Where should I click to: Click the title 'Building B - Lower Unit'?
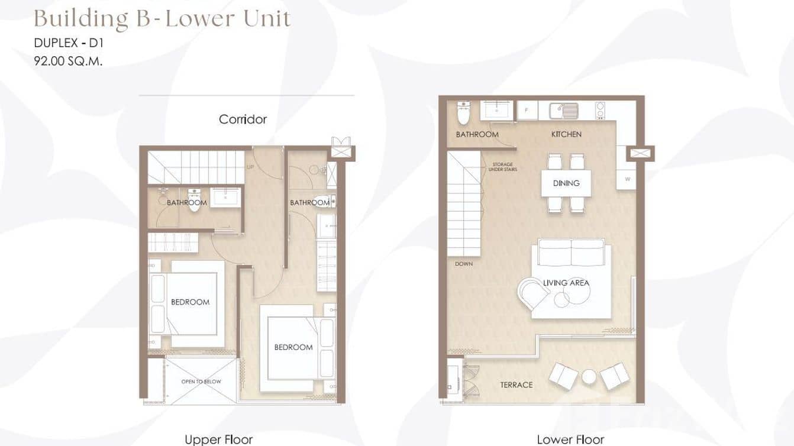162,19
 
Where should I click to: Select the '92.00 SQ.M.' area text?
68,60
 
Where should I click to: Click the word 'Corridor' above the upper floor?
243,119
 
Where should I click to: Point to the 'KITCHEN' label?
566,134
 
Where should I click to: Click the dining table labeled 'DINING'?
566,183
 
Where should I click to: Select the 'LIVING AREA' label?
566,283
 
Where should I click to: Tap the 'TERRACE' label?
516,385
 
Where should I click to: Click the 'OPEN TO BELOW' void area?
201,382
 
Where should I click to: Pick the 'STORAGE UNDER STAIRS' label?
502,167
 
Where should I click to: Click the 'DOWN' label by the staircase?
464,264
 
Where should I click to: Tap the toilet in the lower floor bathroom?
463,112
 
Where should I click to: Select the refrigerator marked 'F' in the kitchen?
527,111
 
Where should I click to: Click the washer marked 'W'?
626,179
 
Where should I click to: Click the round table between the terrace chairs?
589,377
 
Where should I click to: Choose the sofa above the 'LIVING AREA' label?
571,253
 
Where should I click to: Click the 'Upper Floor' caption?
218,439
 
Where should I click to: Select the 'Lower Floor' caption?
570,439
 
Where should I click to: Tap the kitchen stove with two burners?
599,111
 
